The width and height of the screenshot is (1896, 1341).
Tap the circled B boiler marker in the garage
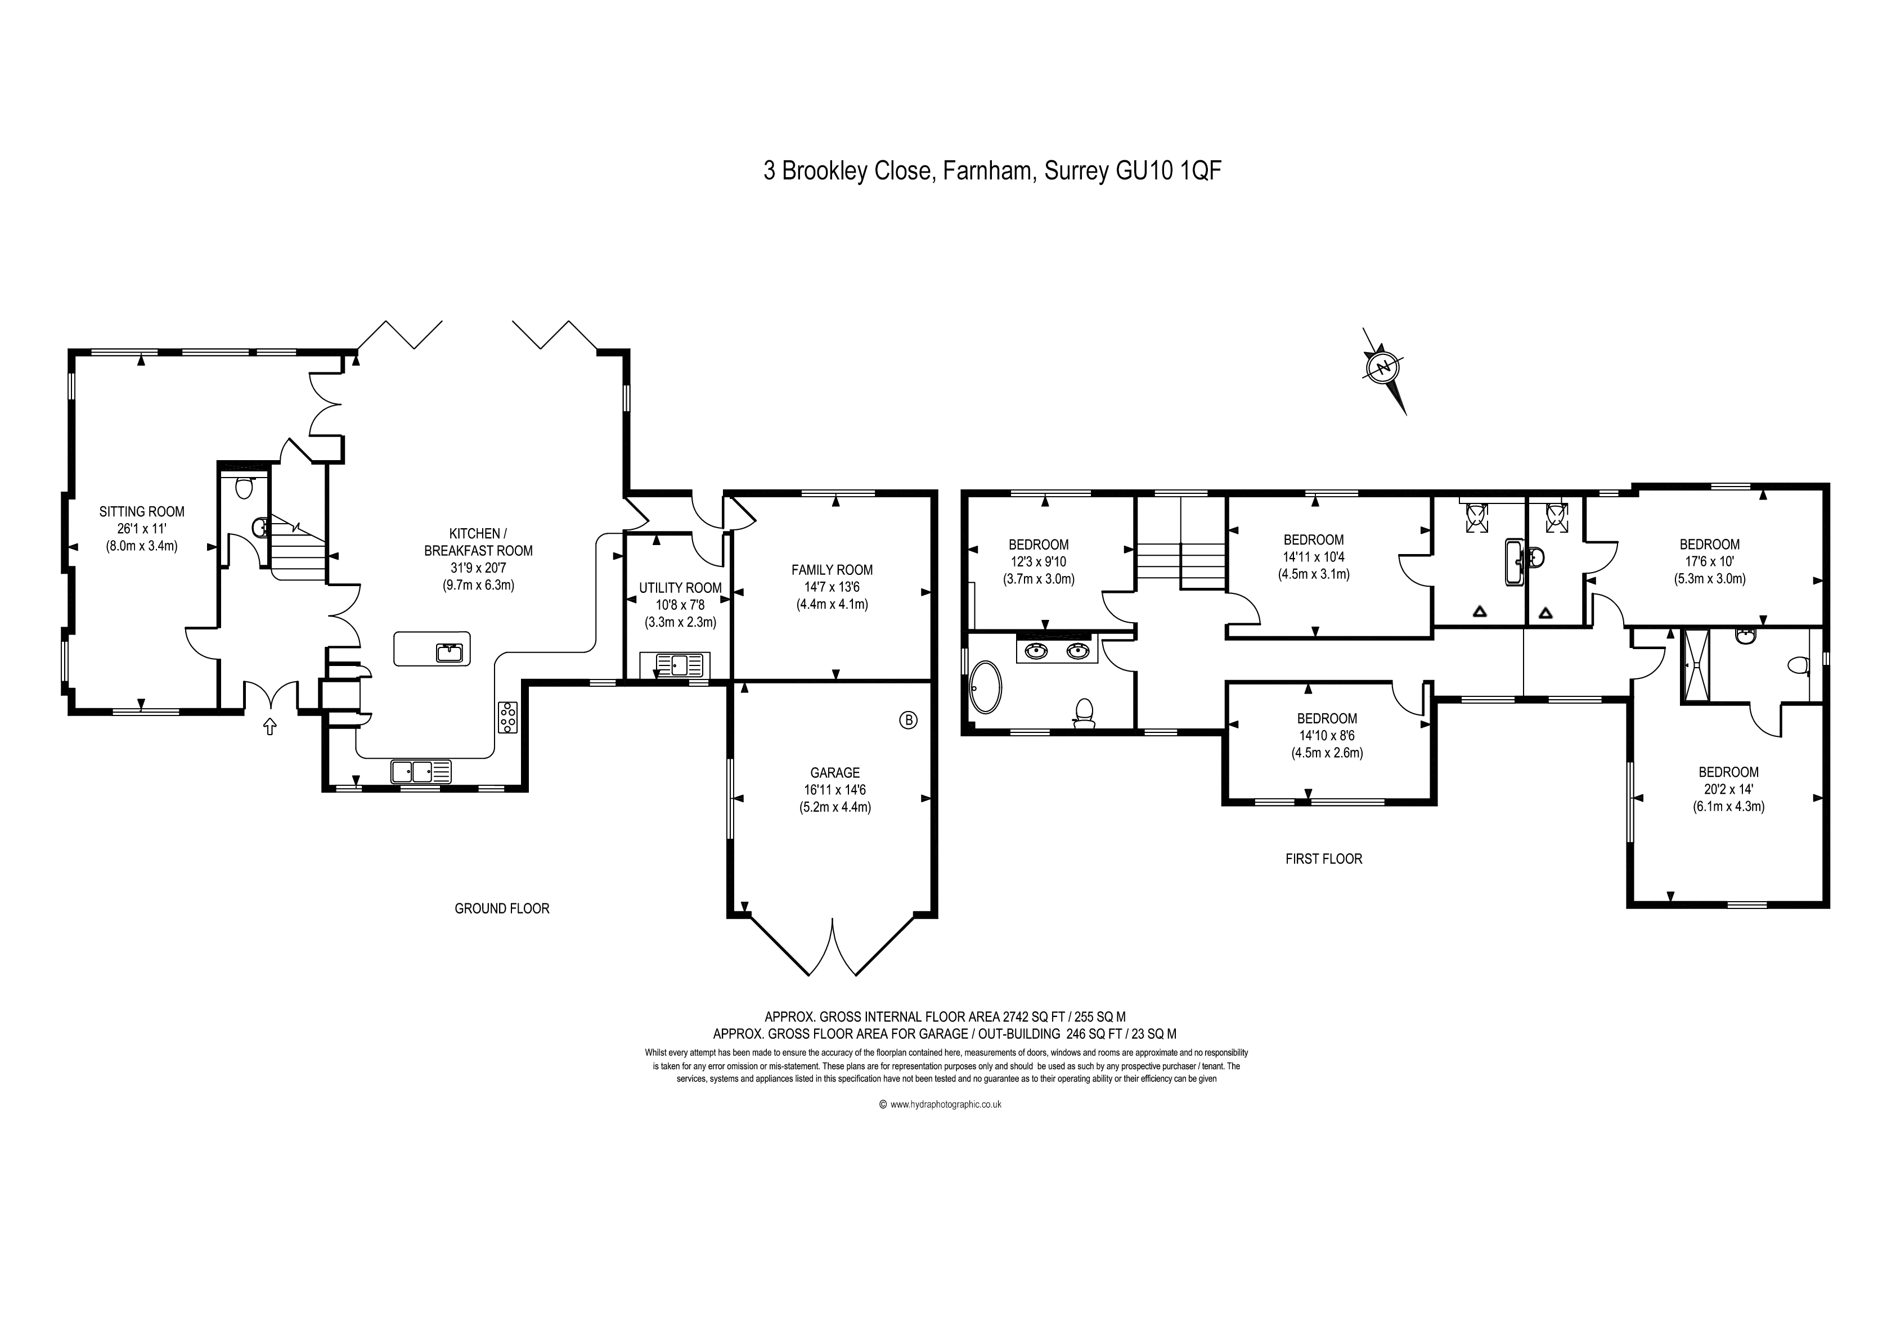pos(907,720)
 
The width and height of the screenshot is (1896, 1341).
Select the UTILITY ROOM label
pos(680,588)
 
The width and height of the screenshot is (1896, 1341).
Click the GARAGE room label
pos(835,773)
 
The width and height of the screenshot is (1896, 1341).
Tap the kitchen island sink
pos(449,652)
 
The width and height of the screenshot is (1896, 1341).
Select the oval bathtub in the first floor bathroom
pos(985,686)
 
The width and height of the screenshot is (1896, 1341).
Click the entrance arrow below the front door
pos(269,727)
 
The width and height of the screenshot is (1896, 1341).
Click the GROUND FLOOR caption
pos(502,908)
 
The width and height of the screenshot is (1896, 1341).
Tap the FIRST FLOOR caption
pos(1324,859)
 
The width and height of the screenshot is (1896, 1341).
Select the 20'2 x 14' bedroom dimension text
pos(1728,789)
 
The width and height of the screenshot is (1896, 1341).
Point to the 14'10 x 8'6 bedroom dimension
pos(1327,736)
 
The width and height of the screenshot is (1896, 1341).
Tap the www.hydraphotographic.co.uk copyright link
pos(946,1104)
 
